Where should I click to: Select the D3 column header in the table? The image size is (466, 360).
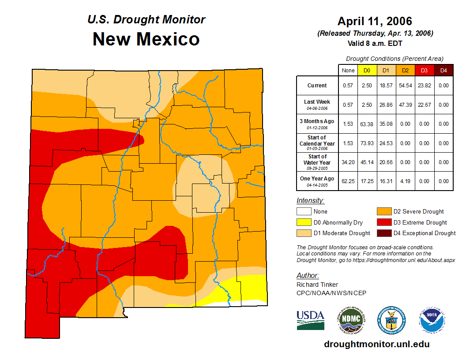click(x=424, y=70)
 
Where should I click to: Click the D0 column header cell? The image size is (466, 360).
click(x=367, y=70)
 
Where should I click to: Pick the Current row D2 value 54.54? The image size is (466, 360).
click(x=405, y=86)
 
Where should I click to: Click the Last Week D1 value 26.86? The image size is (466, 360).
click(x=386, y=105)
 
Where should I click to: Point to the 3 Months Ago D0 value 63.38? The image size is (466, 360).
click(x=367, y=124)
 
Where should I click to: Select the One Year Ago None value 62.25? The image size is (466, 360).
click(x=348, y=181)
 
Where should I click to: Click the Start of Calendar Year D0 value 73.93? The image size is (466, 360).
click(x=367, y=143)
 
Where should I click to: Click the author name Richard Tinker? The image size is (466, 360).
click(x=317, y=285)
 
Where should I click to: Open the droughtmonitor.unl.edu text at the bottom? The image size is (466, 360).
click(x=376, y=344)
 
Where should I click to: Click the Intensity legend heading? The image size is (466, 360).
click(x=310, y=201)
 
